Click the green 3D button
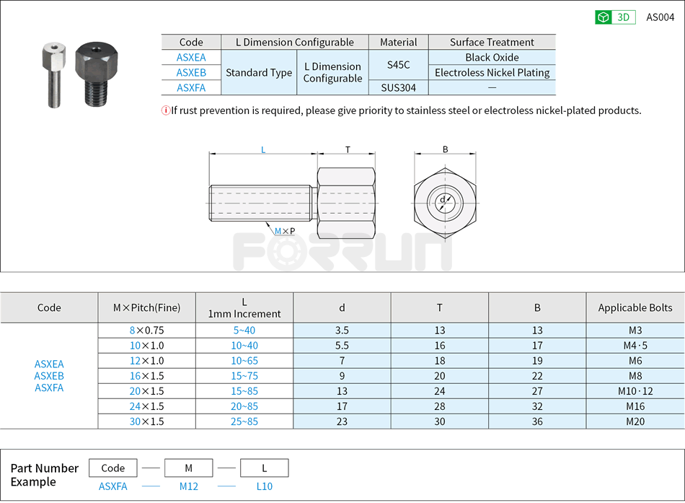[614, 17]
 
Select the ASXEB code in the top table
[191, 72]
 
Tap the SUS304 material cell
[398, 87]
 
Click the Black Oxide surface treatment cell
[492, 57]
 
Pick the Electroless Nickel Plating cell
[492, 72]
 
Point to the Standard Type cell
[259, 72]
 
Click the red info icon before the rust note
[165, 110]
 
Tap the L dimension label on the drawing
[263, 149]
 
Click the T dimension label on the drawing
[347, 149]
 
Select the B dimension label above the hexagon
[445, 149]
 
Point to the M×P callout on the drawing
[284, 231]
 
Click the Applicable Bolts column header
[635, 307]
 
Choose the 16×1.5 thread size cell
[147, 375]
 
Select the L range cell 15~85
[244, 390]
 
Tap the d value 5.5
[342, 345]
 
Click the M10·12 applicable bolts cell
[635, 390]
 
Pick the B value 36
[536, 421]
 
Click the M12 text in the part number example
[189, 486]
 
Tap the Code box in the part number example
[113, 468]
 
